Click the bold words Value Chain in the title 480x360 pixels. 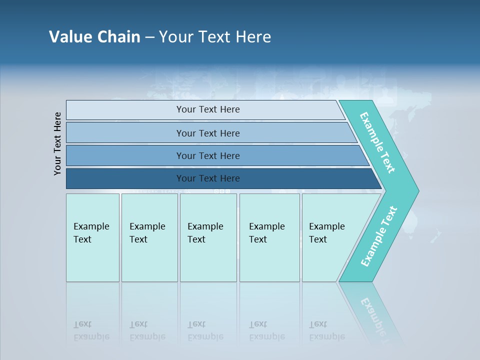(x=94, y=36)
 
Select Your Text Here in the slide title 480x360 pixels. (x=215, y=36)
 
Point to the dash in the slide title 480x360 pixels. (x=149, y=37)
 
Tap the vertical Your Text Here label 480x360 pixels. (x=57, y=143)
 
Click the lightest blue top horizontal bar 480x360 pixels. (x=207, y=109)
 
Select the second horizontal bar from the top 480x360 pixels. (x=207, y=133)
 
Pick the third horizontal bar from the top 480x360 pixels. (x=207, y=155)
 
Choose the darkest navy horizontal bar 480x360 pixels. (x=207, y=178)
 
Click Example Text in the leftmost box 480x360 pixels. (x=91, y=232)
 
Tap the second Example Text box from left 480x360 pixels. (x=147, y=232)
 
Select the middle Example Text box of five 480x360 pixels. (x=205, y=232)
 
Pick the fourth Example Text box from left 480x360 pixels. (x=267, y=232)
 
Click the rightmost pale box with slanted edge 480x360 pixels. (x=327, y=232)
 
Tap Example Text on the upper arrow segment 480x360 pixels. (x=377, y=142)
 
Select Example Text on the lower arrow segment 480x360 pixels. (x=379, y=236)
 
